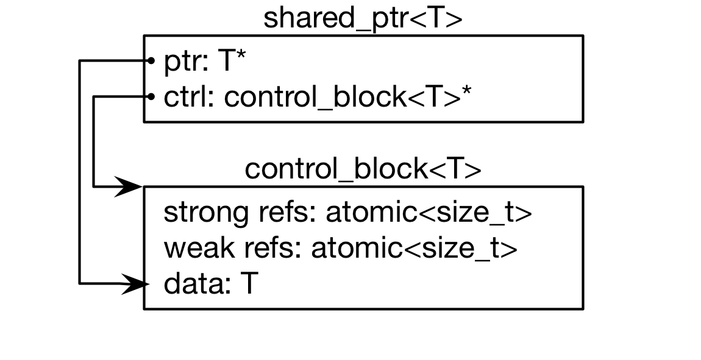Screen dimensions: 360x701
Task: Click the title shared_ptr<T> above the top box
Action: (363, 18)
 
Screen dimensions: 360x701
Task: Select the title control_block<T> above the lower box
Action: (363, 169)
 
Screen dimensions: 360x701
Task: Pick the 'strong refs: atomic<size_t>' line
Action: (348, 213)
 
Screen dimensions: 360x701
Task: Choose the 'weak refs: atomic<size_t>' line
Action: (341, 249)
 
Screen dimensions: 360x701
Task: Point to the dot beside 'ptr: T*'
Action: (150, 60)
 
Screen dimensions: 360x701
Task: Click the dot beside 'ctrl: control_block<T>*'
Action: (150, 96)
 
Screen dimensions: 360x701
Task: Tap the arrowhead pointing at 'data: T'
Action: (134, 283)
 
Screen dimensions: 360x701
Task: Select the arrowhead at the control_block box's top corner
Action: (129, 186)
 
